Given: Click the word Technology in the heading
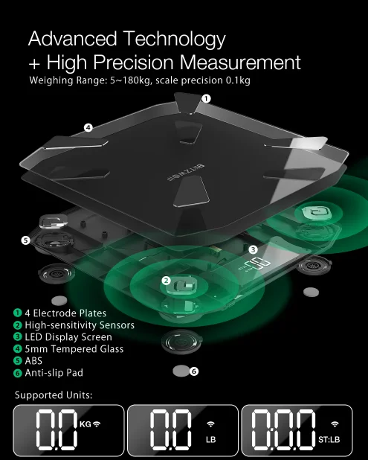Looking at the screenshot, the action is tap(175, 39).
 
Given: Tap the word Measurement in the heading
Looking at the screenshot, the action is tap(240, 63).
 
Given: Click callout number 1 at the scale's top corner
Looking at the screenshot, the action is tap(206, 98).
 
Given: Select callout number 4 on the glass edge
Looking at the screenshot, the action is tap(88, 127).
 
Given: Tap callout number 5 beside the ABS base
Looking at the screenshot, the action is tap(26, 240).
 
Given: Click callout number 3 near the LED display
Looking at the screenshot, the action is tap(254, 249).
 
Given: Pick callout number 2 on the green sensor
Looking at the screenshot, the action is tap(166, 281).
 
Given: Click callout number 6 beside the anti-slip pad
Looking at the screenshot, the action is tap(194, 371).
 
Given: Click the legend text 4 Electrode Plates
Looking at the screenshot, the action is tap(65, 313).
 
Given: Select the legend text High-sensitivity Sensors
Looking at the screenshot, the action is tap(80, 325).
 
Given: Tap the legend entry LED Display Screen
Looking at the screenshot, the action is tap(68, 337).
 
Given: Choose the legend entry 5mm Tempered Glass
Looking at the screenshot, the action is tap(74, 349).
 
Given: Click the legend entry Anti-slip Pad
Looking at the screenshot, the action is tap(54, 373).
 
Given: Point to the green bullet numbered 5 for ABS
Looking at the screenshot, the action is tap(18, 361).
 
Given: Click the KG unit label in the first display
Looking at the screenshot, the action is tap(85, 424).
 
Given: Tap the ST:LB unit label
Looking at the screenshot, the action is tap(329, 439).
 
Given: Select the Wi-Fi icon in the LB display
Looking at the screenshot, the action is tap(210, 424).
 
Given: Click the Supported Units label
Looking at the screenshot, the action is tap(54, 395).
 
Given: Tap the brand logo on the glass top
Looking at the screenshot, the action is tap(186, 173).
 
